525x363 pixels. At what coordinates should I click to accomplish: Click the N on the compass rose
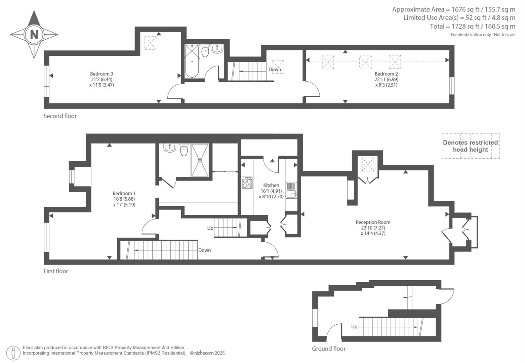coord(34,35)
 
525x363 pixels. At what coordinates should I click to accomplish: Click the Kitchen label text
coord(271,185)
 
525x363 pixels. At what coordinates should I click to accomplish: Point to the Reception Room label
coord(373,222)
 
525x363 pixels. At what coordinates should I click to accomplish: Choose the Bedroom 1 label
coord(124,193)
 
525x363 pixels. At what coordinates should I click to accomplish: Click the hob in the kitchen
coord(247,183)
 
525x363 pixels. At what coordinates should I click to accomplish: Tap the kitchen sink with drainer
coord(291,190)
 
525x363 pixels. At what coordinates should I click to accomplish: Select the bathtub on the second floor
coord(192,62)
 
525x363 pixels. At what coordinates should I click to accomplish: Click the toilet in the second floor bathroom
coord(205,51)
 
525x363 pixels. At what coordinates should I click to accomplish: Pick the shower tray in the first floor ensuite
coord(200,160)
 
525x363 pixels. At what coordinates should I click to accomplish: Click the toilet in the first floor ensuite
coord(184,150)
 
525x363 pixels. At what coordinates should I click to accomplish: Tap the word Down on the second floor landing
coord(275,70)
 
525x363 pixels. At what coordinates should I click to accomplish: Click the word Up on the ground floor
coord(354,327)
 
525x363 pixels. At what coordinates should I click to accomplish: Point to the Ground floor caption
coord(329,349)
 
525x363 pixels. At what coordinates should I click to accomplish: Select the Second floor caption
coord(60,116)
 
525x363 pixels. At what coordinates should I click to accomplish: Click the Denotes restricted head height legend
coord(471,146)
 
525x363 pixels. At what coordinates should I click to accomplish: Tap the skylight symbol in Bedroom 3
coord(150,43)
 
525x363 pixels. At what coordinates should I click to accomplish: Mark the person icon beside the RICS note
coord(13,353)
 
